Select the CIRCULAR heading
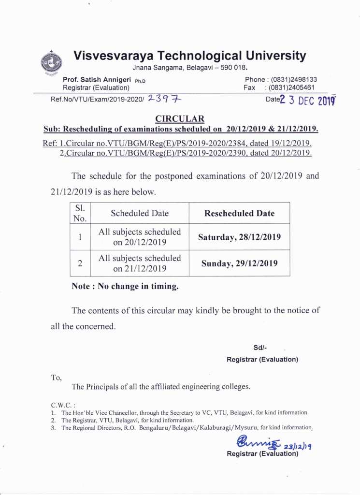point(180,119)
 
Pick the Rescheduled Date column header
point(239,213)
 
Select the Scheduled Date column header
point(140,213)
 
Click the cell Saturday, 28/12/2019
point(239,237)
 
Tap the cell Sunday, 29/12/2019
point(239,263)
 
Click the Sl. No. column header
point(80,213)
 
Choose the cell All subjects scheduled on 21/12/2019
point(140,263)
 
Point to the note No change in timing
point(125,286)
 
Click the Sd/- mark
point(260,348)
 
